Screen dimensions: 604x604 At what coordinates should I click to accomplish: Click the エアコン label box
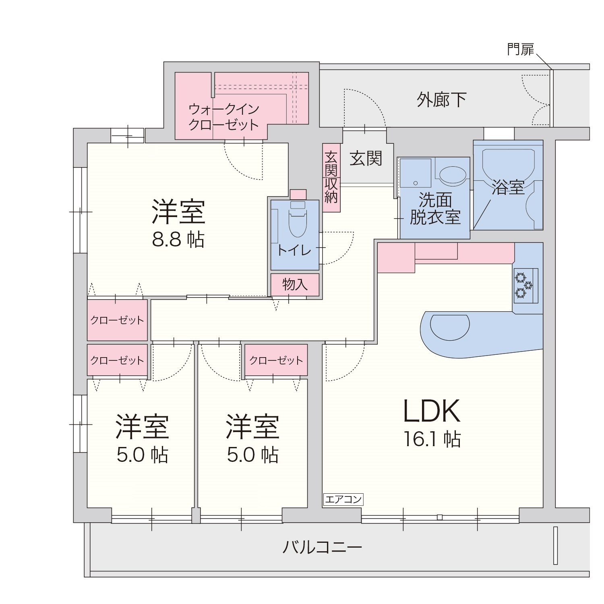pos(343,500)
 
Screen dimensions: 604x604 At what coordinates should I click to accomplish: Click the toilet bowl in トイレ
pos(298,223)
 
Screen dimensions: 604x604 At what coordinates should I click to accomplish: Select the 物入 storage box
pos(295,285)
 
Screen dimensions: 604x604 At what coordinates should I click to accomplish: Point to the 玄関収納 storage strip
pos(331,178)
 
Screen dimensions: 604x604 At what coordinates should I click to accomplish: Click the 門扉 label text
pos(520,50)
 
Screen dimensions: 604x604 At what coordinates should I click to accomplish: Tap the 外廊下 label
pos(442,99)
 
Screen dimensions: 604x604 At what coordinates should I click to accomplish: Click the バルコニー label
pos(322,547)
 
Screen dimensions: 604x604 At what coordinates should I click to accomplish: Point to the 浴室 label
pos(509,187)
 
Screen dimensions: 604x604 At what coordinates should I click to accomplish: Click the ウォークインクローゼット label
pos(224,117)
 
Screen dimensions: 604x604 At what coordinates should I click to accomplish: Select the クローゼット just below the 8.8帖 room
pos(117,320)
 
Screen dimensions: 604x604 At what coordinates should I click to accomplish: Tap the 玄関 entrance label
pos(366,158)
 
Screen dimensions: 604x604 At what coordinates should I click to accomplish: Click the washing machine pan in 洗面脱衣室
pos(416,173)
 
